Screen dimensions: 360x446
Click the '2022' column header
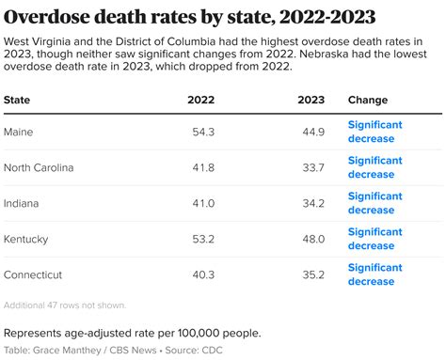click(x=200, y=100)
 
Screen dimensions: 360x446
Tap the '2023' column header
click(x=311, y=100)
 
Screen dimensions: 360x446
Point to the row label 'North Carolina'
click(x=39, y=167)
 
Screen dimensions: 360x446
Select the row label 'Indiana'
click(x=24, y=203)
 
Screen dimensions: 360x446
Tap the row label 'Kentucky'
click(x=26, y=239)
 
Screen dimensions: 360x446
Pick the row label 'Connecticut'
click(x=33, y=274)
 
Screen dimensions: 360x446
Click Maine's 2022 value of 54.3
click(x=202, y=132)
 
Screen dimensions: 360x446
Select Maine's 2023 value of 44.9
click(x=311, y=132)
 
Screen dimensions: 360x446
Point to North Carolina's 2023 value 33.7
click(x=311, y=167)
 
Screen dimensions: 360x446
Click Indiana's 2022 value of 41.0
click(x=202, y=203)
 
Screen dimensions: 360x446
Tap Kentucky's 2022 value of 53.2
click(x=202, y=239)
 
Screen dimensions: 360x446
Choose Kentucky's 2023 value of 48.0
click(x=311, y=239)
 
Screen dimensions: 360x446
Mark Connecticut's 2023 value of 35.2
click(x=311, y=274)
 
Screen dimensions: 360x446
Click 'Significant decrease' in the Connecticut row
click(x=375, y=274)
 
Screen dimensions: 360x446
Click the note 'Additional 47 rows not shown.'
click(x=65, y=305)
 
